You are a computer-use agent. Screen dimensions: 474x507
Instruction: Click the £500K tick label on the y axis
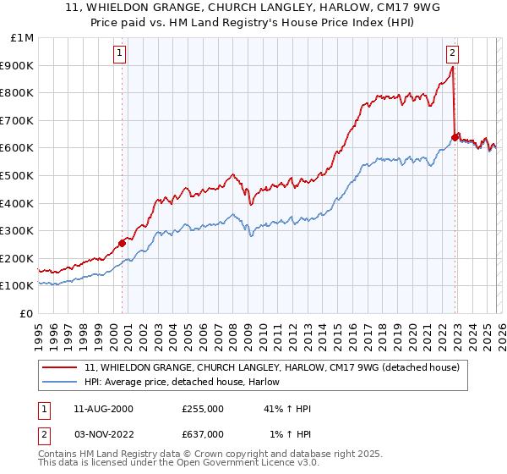(17, 175)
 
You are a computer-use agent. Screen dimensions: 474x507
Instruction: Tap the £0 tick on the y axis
(25, 313)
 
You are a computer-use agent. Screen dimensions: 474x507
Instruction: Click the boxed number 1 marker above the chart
(120, 52)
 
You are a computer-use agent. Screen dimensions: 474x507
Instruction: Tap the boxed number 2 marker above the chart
(453, 52)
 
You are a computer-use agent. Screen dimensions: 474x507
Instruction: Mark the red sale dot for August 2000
(122, 243)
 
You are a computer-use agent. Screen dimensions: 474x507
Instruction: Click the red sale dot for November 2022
(455, 137)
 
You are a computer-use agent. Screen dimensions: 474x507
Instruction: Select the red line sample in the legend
(61, 367)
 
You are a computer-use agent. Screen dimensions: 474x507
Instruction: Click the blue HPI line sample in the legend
(61, 382)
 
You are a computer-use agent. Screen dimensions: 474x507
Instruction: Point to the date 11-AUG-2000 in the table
(103, 408)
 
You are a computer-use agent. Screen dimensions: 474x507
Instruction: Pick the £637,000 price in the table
(203, 434)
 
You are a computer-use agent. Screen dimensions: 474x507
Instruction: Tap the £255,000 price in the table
(203, 408)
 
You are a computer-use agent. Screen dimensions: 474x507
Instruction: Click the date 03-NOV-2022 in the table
(103, 434)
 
